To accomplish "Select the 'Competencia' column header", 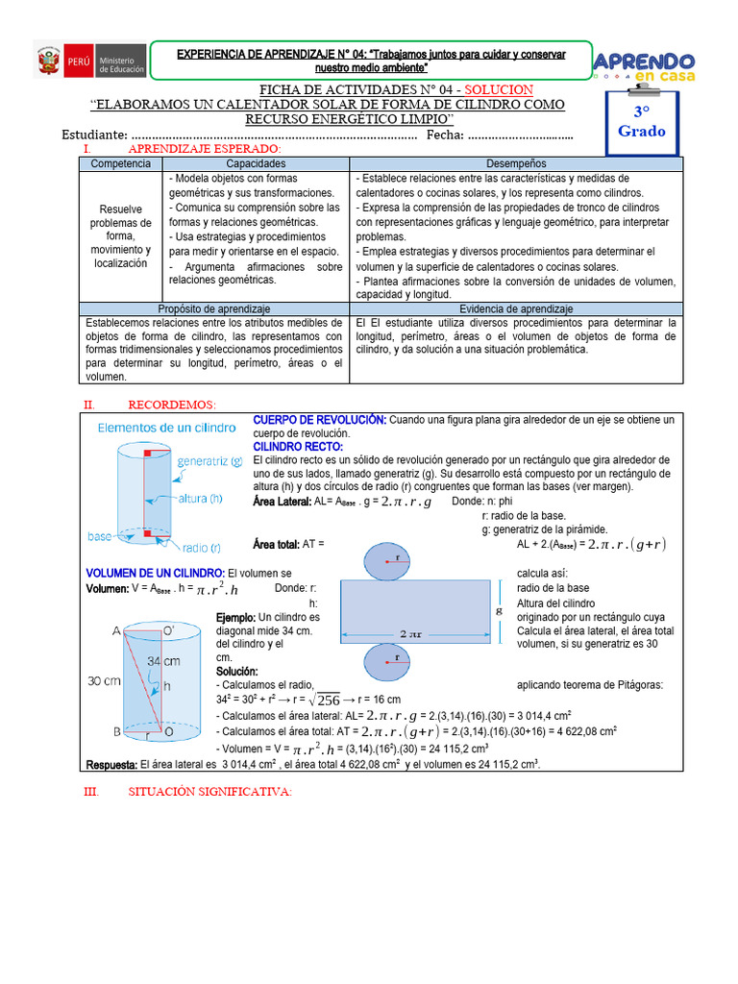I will coord(120,164).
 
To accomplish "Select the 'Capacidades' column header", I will coord(256,164).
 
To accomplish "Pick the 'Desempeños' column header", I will coord(516,164).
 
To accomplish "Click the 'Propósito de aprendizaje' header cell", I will coord(214,308).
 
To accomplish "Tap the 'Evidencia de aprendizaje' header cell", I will coord(516,308).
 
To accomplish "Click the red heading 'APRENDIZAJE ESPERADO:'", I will coord(205,150).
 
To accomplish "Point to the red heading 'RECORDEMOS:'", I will coord(172,405).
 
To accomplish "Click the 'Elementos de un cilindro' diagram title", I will coord(165,427).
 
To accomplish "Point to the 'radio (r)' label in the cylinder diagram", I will coord(200,548).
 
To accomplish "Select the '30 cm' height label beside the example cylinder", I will coord(105,680).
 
